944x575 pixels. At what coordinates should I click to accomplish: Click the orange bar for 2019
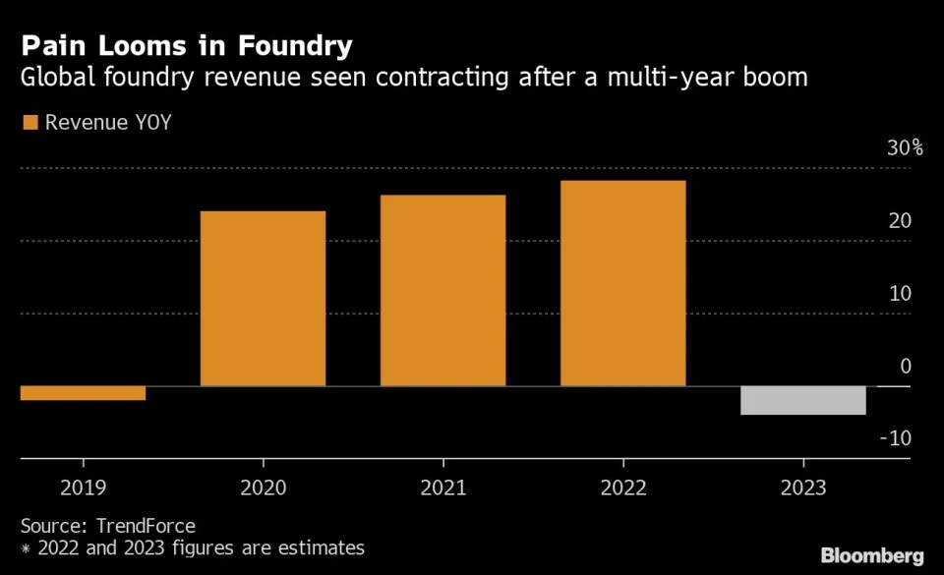[83, 393]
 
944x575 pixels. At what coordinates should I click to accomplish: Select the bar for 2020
[263, 299]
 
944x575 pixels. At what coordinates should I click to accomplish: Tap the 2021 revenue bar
[442, 291]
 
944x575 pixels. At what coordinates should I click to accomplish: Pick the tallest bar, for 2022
[622, 283]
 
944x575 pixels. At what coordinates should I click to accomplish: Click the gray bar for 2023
[802, 400]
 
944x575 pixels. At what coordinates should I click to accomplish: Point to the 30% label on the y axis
[905, 148]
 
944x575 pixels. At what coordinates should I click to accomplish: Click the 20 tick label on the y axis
[900, 221]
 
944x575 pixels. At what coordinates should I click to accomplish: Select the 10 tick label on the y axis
[900, 294]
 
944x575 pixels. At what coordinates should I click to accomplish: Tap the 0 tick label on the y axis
[906, 367]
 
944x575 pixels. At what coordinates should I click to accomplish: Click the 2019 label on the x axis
[83, 488]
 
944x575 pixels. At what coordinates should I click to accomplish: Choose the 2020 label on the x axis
[263, 488]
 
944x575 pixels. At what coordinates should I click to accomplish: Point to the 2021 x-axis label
[442, 488]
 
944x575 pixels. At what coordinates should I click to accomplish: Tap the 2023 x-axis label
[802, 488]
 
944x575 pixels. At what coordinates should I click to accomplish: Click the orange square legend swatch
[29, 123]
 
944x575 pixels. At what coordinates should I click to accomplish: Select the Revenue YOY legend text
[108, 123]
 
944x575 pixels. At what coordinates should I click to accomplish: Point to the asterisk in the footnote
[26, 548]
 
